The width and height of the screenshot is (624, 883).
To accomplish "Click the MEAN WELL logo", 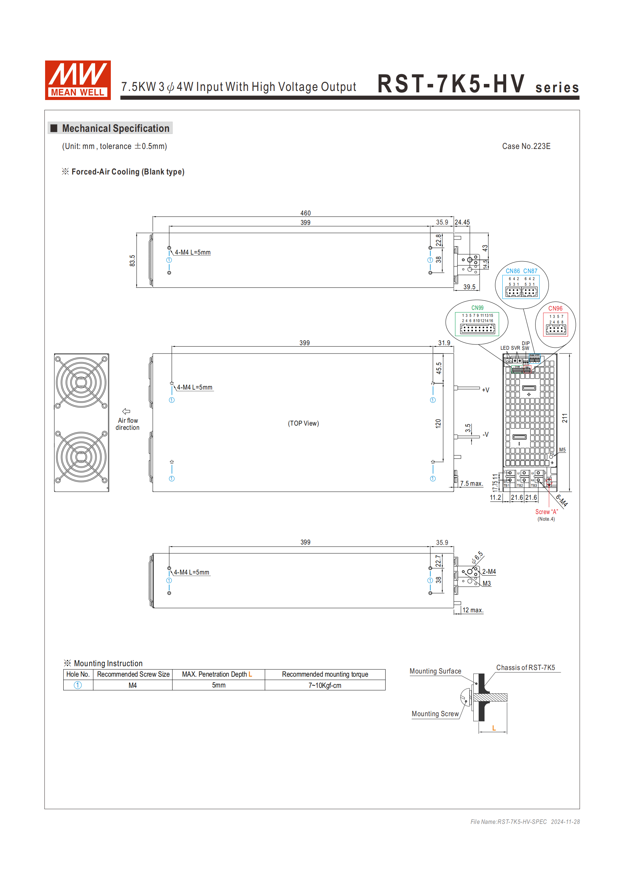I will (78, 80).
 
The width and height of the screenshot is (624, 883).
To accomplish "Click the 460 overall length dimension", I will (305, 213).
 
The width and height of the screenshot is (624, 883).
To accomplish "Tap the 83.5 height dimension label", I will (132, 261).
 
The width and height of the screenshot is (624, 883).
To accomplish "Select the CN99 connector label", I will (477, 308).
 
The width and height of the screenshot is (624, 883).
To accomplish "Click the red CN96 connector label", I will (555, 308).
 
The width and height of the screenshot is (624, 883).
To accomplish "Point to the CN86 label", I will (512, 271).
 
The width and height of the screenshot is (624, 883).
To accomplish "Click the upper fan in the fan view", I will (81, 382).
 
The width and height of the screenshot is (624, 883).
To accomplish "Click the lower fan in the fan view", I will (81, 456).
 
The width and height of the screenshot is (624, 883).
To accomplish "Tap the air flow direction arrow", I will (126, 411).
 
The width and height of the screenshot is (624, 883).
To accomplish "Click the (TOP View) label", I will (303, 423).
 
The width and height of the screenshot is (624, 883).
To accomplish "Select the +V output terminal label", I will (486, 390).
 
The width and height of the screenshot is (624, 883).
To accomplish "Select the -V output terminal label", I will (486, 435).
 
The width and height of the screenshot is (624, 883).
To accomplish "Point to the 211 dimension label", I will (565, 418).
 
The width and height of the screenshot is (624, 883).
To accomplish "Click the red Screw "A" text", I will (546, 512).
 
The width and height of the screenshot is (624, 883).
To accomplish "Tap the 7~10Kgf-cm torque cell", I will (324, 685).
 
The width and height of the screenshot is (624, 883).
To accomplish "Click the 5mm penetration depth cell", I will (218, 685).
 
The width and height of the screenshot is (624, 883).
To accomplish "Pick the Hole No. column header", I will (78, 674).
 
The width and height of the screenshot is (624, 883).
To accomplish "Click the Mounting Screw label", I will (435, 714).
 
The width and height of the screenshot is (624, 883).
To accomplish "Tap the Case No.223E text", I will (526, 146).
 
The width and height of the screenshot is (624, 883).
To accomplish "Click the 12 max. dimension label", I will (473, 610).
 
